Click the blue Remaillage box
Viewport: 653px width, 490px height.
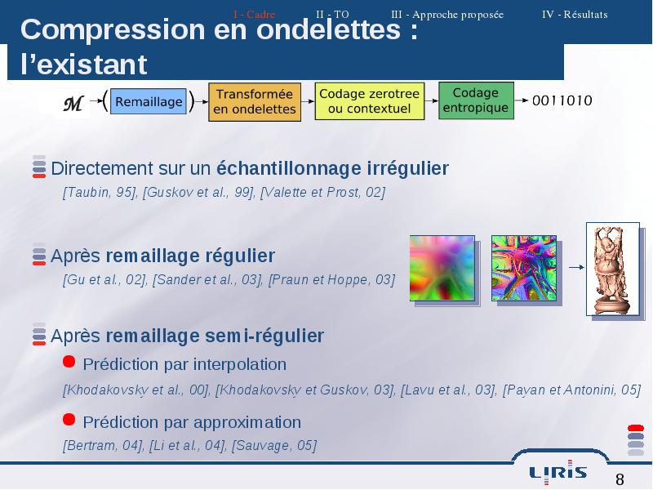[149, 101]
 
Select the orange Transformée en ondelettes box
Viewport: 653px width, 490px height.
[255, 101]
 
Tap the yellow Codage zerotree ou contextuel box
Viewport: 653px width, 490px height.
[370, 100]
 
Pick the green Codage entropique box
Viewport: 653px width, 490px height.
[476, 100]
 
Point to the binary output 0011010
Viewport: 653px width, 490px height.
[562, 100]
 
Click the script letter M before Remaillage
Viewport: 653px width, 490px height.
[73, 104]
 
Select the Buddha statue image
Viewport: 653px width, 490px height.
[613, 269]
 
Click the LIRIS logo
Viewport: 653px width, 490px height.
[558, 473]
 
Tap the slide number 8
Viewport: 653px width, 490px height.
[620, 479]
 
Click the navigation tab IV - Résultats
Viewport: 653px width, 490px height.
[575, 15]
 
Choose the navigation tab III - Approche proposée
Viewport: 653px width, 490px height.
[447, 15]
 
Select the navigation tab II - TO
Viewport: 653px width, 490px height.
[332, 15]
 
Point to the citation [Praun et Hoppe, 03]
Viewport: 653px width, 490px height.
[331, 279]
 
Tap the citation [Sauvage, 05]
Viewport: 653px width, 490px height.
[274, 445]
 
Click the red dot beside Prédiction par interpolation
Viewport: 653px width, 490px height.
[69, 361]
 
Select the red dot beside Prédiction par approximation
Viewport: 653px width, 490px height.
[69, 419]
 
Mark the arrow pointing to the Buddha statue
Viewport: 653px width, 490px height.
[576, 267]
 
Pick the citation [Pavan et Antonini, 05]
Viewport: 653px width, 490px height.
[572, 390]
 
